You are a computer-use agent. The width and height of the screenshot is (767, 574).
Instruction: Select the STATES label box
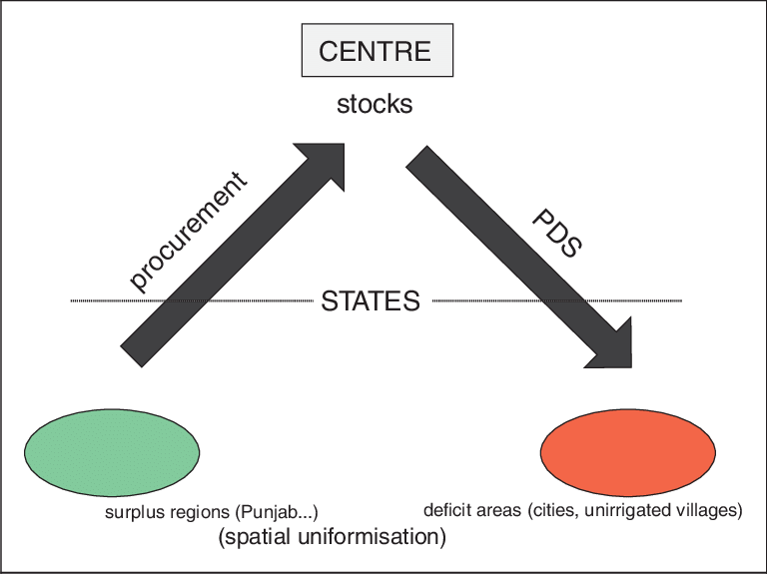(373, 300)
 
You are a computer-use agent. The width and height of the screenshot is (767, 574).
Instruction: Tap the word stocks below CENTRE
(375, 105)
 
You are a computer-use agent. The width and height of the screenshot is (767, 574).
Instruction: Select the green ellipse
(112, 452)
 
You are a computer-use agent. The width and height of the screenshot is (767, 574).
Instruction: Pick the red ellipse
(627, 451)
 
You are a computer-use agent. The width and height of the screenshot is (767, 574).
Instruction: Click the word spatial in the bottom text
(250, 538)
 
